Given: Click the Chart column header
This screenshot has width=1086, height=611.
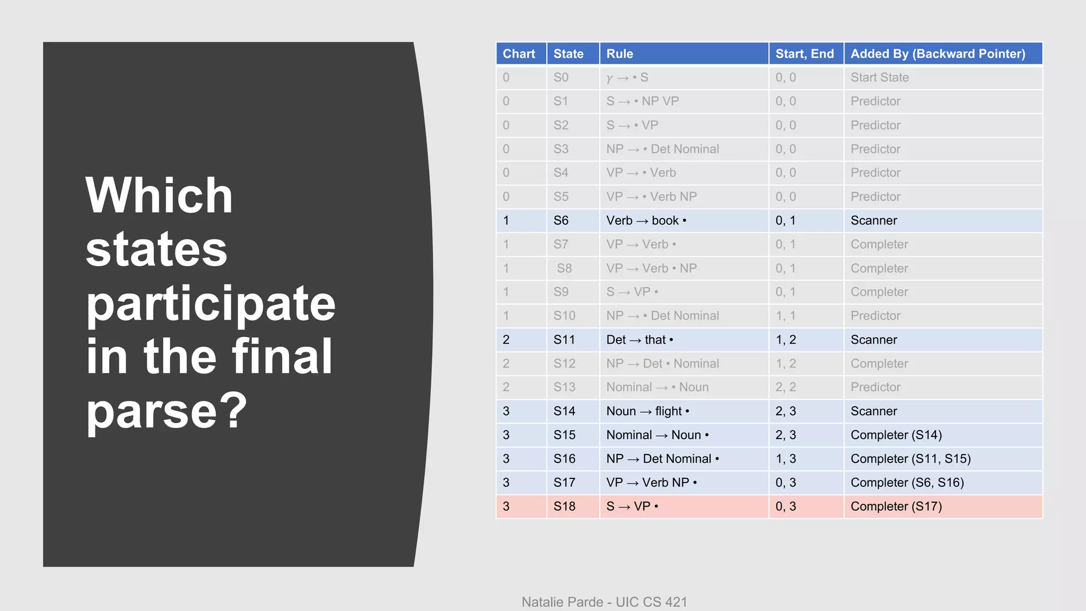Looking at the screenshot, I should (519, 54).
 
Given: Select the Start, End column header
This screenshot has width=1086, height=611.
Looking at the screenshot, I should (804, 54).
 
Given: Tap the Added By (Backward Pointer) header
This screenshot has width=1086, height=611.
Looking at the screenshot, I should (938, 54).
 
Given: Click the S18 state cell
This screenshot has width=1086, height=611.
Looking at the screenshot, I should (564, 507).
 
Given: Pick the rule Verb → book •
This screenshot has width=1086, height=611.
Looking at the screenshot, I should (646, 221).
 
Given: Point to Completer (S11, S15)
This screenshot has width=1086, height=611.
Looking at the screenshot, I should (910, 459).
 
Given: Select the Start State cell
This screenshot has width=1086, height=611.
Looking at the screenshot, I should (879, 77).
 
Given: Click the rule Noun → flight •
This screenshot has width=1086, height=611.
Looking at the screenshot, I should (647, 411).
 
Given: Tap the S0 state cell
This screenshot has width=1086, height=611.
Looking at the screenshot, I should (560, 77).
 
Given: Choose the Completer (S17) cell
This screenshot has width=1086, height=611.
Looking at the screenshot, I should (896, 507).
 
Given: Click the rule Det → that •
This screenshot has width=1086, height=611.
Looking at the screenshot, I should (640, 339).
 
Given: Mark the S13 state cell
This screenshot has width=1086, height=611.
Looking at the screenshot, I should (564, 387).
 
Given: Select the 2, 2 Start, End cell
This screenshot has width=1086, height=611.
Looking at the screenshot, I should (785, 387).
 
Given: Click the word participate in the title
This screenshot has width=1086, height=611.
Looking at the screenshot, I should (211, 304).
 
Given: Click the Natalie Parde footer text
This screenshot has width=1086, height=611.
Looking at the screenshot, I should (604, 602).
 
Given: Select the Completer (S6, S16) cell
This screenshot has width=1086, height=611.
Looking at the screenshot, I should (907, 483).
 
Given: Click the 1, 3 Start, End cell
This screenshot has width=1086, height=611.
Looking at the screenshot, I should (785, 459).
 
